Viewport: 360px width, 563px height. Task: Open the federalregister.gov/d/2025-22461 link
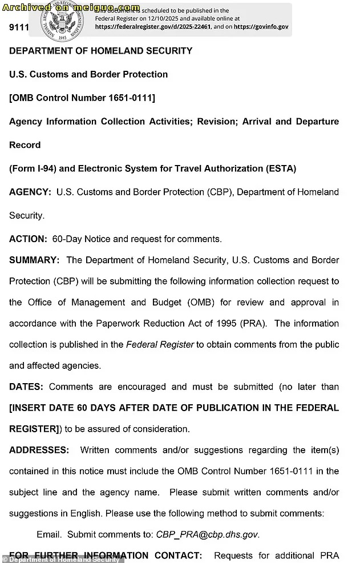point(153,26)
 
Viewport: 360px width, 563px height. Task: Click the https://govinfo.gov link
point(261,26)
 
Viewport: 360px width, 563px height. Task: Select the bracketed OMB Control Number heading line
point(82,98)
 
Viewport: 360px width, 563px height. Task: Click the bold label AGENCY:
point(30,192)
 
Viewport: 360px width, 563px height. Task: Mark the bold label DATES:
point(26,387)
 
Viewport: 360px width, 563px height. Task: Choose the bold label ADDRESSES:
point(39,450)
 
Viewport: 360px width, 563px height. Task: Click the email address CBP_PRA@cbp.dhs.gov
point(207,534)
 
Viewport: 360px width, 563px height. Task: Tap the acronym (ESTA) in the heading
point(281,168)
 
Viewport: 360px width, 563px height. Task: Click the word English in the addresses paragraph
point(86,513)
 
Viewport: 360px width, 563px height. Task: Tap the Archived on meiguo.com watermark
point(71,7)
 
